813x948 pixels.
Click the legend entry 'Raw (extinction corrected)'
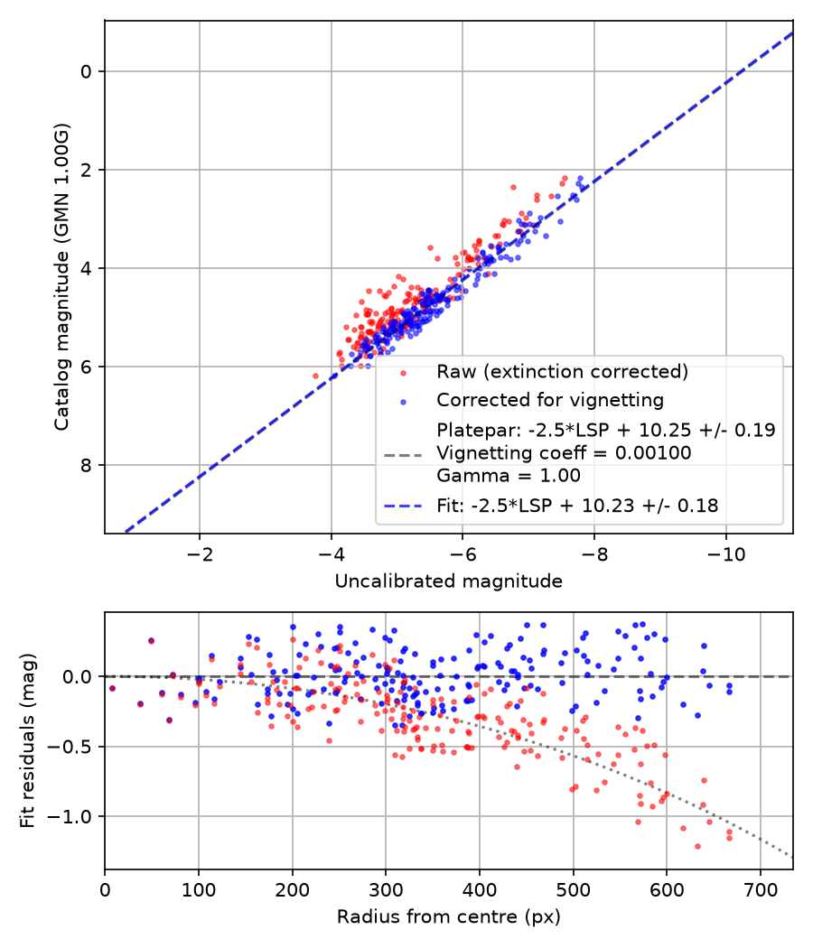click(562, 371)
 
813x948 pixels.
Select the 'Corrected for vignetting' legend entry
click(550, 400)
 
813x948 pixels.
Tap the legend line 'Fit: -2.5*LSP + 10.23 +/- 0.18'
click(577, 505)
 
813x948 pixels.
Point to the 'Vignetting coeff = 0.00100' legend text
click(564, 453)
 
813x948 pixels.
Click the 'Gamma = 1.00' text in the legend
click(508, 475)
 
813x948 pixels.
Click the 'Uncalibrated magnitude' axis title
click(448, 581)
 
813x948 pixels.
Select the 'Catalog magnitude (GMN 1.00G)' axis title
click(61, 277)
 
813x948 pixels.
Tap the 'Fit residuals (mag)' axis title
click(27, 740)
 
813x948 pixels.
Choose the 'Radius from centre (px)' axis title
click(448, 916)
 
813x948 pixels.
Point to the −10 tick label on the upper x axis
click(726, 554)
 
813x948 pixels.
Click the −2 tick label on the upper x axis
click(200, 554)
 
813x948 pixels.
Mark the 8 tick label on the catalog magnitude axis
click(86, 465)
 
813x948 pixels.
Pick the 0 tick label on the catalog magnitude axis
click(86, 71)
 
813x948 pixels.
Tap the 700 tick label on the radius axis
click(760, 890)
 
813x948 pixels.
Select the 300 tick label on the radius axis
click(386, 890)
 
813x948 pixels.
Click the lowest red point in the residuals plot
click(697, 847)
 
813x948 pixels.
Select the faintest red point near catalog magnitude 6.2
click(315, 376)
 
